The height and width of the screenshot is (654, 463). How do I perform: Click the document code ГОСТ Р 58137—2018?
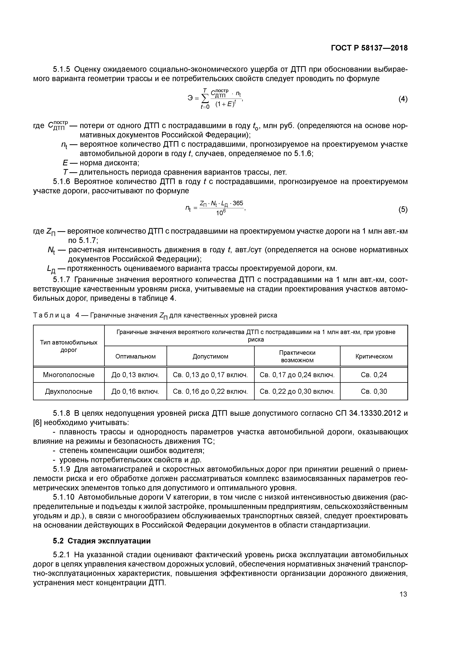[x=369, y=48]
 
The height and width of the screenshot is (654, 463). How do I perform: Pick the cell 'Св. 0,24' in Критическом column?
[x=374, y=375]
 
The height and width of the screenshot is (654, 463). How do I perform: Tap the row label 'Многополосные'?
[x=69, y=375]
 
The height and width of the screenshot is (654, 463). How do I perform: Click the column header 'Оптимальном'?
[x=136, y=356]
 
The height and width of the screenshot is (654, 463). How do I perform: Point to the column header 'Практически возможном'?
[x=297, y=356]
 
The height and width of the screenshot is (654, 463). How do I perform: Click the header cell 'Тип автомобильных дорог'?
[x=69, y=346]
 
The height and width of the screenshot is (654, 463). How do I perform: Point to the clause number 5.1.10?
[x=64, y=497]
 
